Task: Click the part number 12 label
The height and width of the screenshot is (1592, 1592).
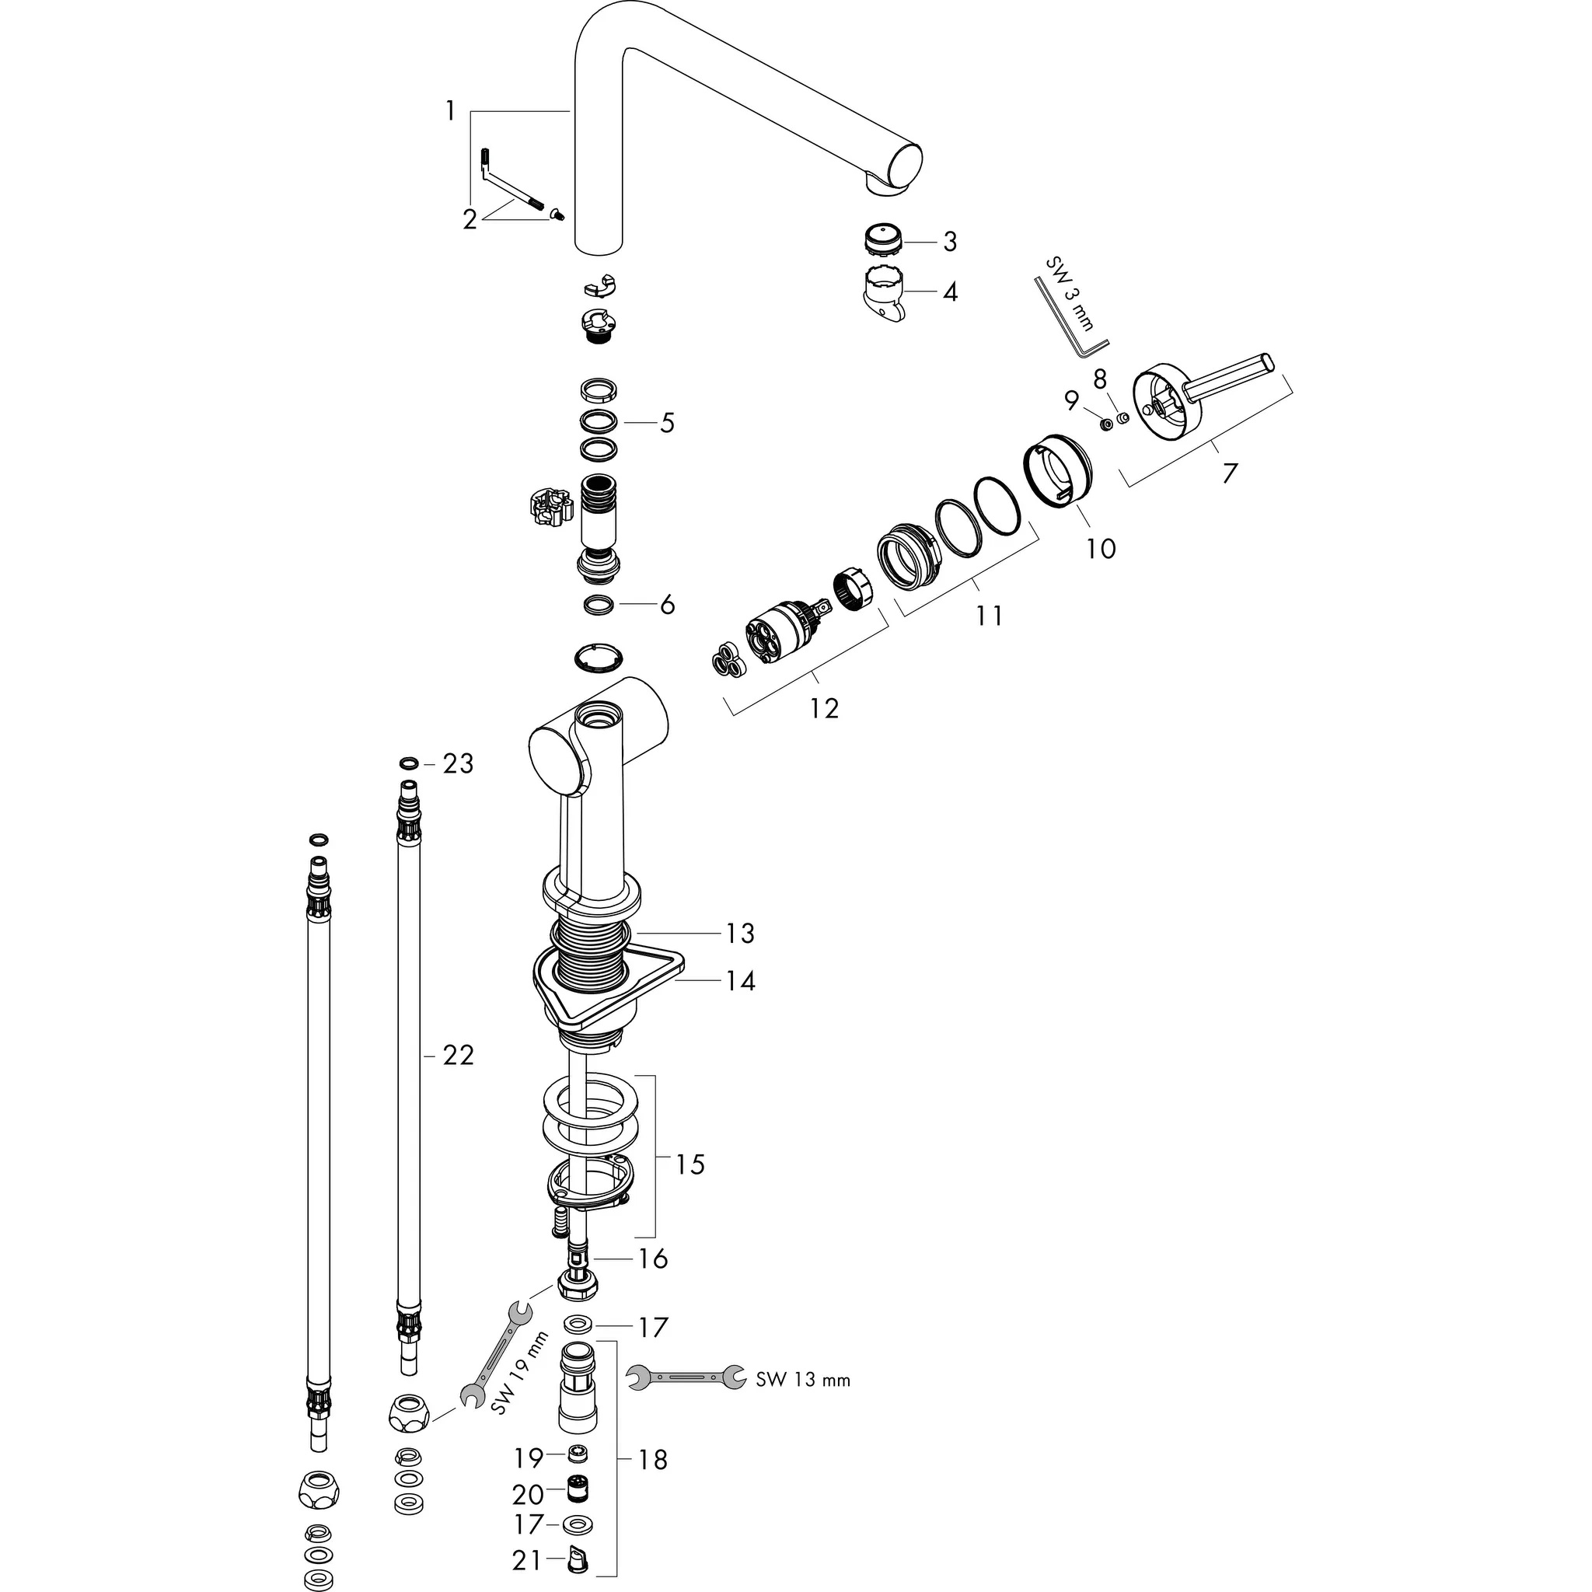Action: pos(824,709)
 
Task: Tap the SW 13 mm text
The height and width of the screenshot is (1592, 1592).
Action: pos(802,1381)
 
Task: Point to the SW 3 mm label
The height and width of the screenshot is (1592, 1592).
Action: pos(1070,293)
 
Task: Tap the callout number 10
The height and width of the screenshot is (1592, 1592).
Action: pos(1101,548)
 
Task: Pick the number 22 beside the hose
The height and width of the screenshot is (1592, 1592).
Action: pos(458,1055)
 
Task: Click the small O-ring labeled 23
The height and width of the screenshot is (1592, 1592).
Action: pos(408,763)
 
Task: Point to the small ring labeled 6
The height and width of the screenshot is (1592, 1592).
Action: pos(599,605)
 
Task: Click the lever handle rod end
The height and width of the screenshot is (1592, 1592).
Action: pos(1266,361)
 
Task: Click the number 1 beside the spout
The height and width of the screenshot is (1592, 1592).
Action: pos(450,110)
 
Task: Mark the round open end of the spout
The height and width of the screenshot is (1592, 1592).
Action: pos(904,168)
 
